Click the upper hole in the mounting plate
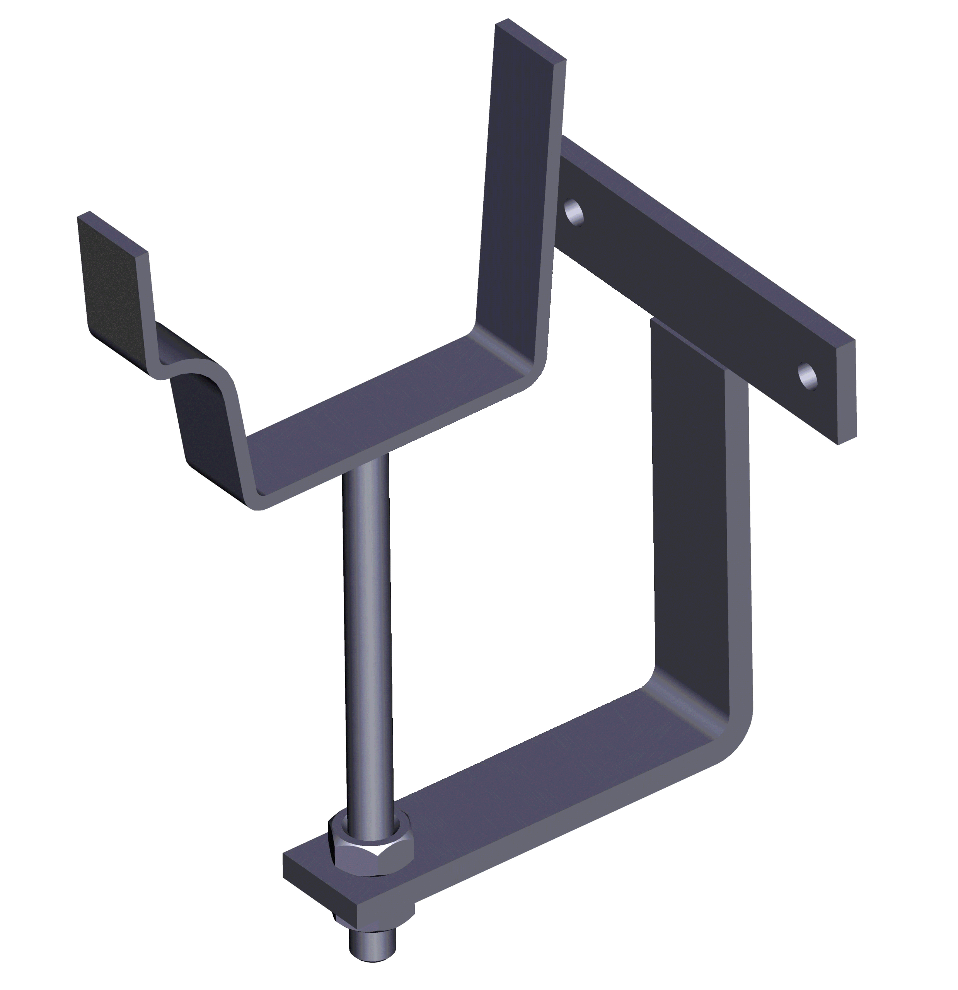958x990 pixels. click(x=574, y=211)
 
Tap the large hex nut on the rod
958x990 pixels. click(x=371, y=848)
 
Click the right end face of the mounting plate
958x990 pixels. click(x=847, y=391)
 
